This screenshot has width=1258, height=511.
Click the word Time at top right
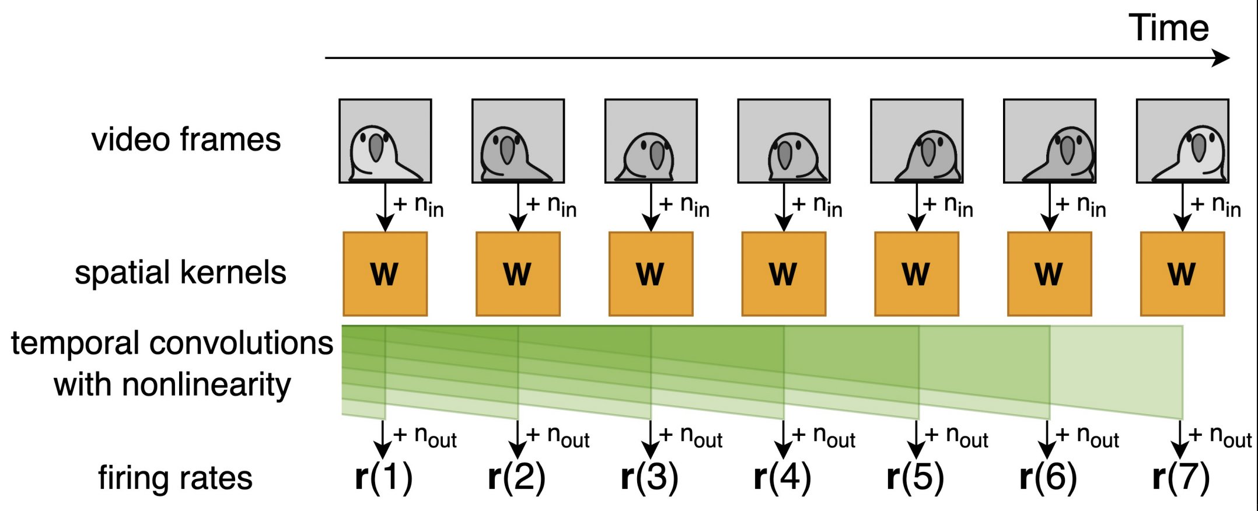point(1168,28)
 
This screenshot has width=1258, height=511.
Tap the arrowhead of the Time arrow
point(1222,58)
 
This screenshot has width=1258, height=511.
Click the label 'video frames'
point(186,140)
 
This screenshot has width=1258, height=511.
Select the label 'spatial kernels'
point(180,273)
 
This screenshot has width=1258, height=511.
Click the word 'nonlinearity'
point(172,385)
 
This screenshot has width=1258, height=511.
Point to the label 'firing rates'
point(175,478)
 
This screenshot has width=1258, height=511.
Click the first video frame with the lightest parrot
point(385,141)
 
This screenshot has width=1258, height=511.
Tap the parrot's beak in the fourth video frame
point(785,154)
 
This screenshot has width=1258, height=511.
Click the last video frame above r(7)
point(1182,141)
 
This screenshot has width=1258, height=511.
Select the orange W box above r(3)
point(651,274)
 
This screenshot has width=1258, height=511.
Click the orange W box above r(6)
point(1049,274)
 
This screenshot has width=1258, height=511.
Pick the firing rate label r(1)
point(383,478)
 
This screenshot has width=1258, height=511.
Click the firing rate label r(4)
point(782,478)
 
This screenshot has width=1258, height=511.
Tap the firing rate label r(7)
point(1181,478)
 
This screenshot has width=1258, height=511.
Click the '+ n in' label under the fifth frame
point(948,206)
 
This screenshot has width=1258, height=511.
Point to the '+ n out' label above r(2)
point(558,436)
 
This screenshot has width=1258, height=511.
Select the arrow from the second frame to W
point(518,208)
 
